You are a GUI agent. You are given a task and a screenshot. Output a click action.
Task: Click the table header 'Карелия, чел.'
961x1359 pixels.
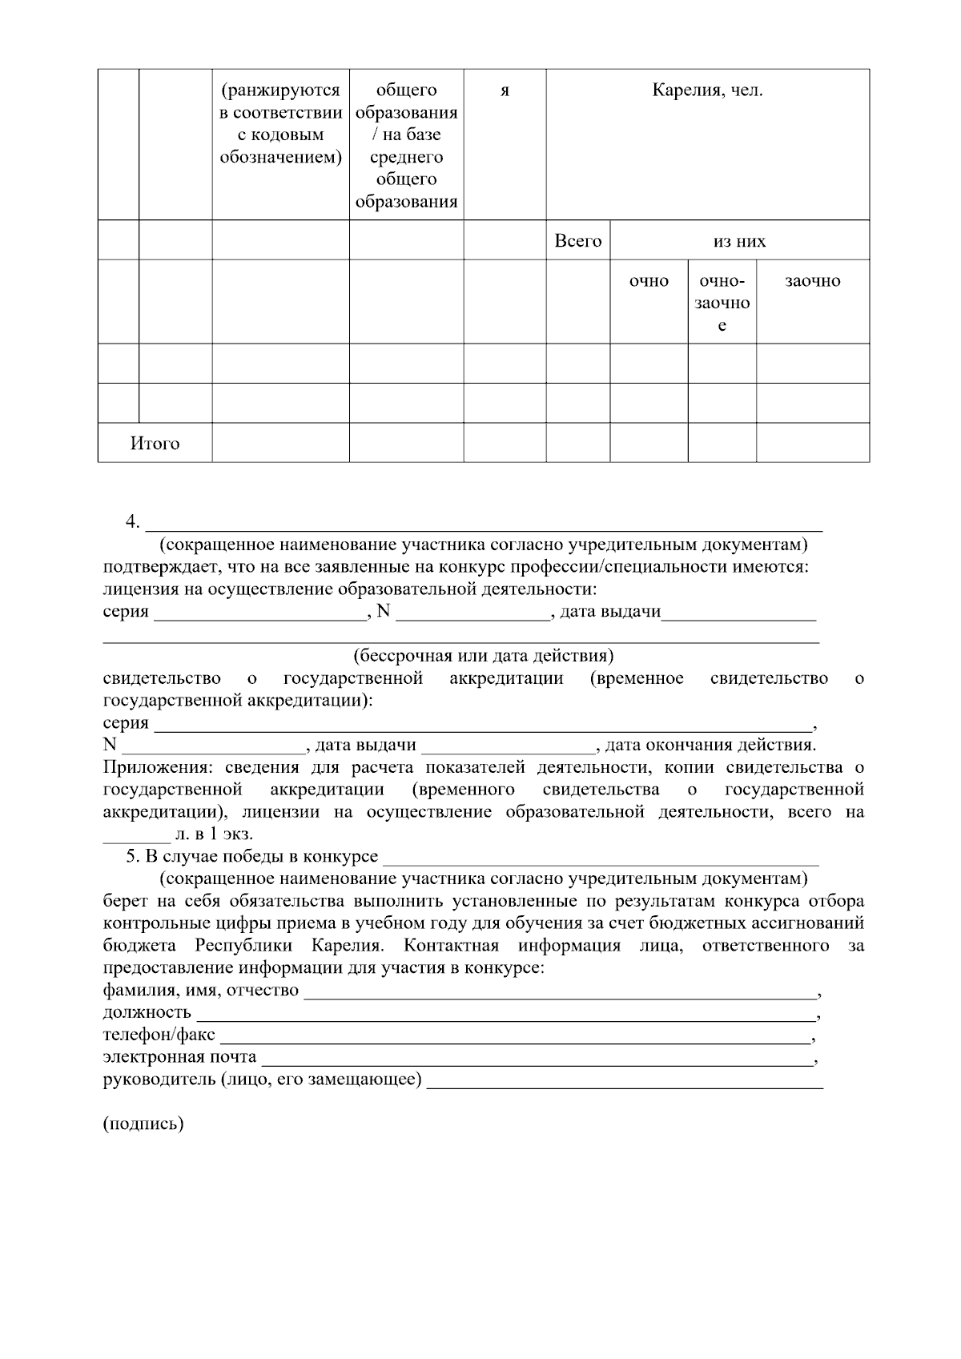click(x=707, y=90)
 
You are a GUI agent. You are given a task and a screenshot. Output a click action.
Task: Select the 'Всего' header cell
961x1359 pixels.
click(x=577, y=240)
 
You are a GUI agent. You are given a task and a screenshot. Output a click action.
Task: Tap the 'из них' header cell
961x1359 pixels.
click(x=739, y=241)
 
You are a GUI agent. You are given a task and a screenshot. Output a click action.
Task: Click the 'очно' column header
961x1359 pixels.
click(x=649, y=281)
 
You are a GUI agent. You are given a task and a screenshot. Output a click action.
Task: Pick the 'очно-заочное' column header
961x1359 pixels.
click(x=722, y=303)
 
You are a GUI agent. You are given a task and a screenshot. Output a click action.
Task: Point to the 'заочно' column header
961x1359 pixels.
click(x=812, y=281)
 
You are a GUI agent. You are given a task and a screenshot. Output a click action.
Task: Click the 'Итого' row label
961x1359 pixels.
click(x=155, y=443)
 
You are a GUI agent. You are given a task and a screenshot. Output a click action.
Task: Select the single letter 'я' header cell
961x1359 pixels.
click(x=505, y=90)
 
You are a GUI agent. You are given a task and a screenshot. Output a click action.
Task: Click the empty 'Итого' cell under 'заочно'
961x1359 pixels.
click(x=812, y=443)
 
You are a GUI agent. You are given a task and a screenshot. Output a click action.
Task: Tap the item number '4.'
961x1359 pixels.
click(x=133, y=522)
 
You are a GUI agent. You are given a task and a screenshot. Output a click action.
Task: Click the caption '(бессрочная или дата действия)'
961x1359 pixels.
click(x=484, y=656)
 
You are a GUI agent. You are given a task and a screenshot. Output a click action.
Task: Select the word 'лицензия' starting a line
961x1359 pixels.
click(x=135, y=590)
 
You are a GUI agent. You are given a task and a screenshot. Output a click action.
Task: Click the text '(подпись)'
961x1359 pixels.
click(x=143, y=1124)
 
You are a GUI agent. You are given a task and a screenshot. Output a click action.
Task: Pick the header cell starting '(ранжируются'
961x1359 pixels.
click(x=280, y=124)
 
